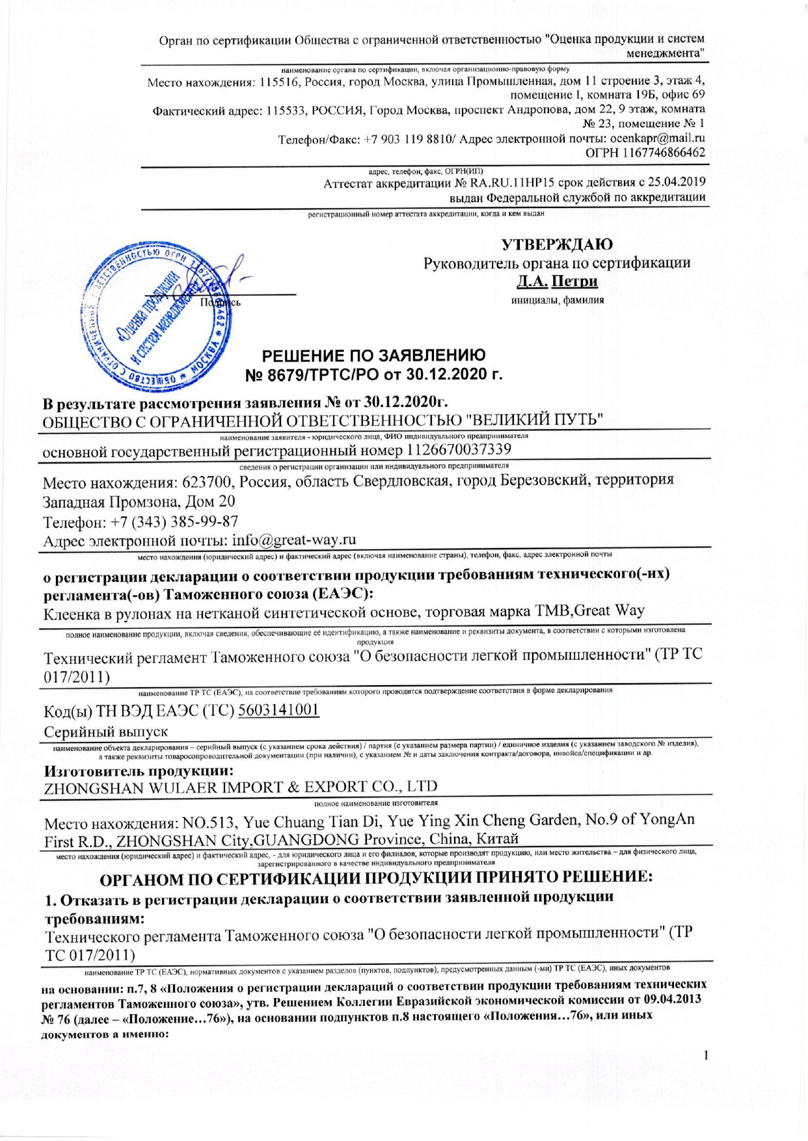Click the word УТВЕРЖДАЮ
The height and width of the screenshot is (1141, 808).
(556, 244)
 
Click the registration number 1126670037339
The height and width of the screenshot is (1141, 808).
(459, 449)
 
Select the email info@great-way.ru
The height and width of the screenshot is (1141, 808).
(294, 540)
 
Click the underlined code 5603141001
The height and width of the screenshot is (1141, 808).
(278, 709)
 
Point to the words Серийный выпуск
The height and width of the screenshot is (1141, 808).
(105, 731)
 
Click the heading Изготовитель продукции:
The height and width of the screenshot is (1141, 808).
(139, 771)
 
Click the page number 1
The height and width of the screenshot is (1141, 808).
(705, 1055)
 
